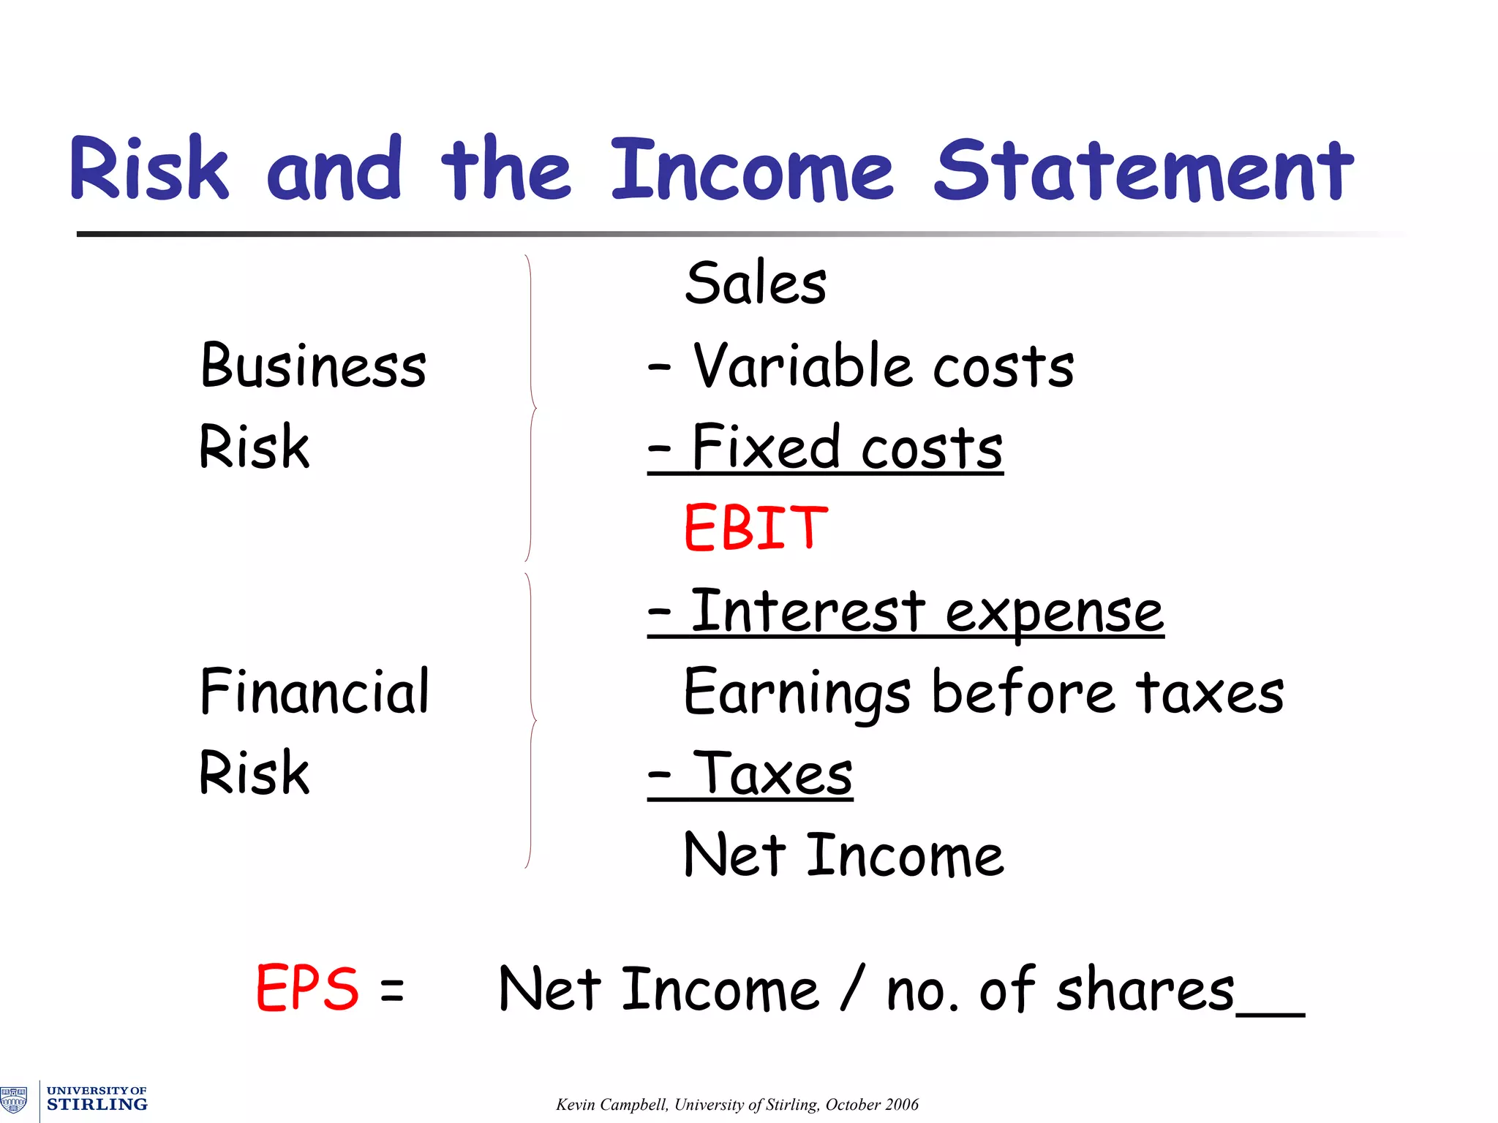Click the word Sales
tap(756, 284)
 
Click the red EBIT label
tap(756, 528)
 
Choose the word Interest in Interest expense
tap(808, 611)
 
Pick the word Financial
tap(315, 692)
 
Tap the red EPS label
tap(307, 988)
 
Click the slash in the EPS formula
tap(853, 988)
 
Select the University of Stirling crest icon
tap(14, 1100)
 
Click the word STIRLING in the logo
tap(97, 1105)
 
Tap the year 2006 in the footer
tap(900, 1105)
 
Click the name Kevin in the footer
tap(575, 1105)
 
